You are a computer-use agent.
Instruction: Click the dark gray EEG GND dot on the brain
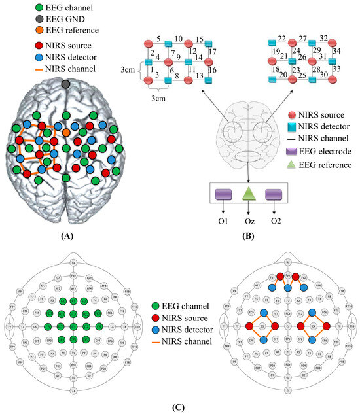65,84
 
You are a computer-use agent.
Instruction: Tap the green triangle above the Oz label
248,195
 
